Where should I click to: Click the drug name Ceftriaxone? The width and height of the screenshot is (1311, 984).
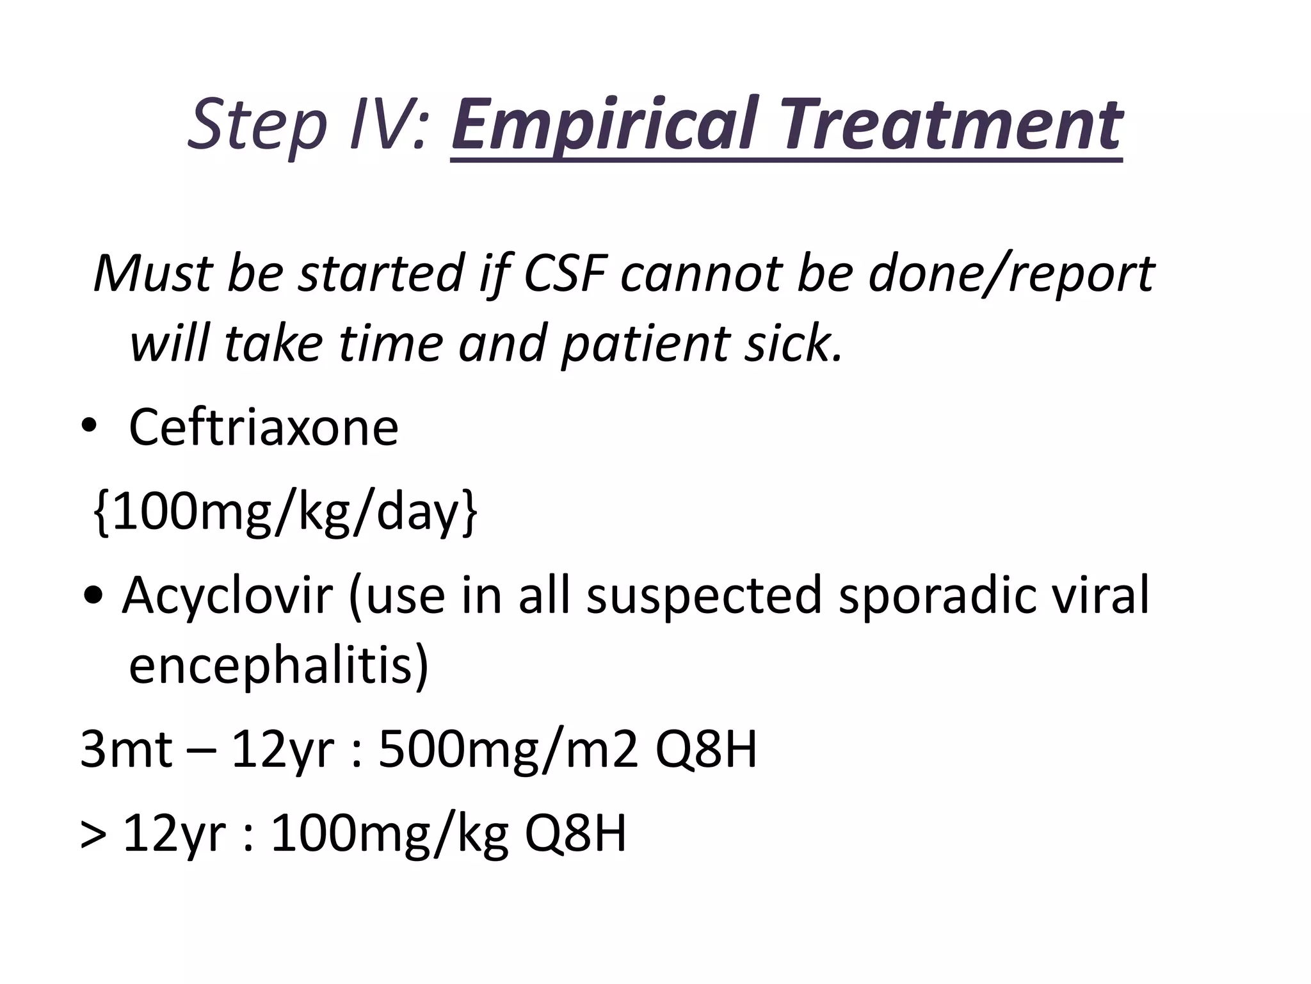pyautogui.click(x=263, y=427)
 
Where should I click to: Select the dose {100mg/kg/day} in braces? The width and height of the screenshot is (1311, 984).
pyautogui.click(x=284, y=512)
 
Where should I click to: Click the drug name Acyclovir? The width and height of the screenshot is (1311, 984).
pyautogui.click(x=227, y=595)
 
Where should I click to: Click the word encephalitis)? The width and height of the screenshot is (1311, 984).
pyautogui.click(x=279, y=666)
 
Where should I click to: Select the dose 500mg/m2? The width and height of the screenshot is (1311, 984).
pyautogui.click(x=508, y=750)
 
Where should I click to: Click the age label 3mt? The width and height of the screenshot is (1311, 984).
pyautogui.click(x=126, y=750)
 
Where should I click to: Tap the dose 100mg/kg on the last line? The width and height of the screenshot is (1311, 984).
pyautogui.click(x=390, y=833)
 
